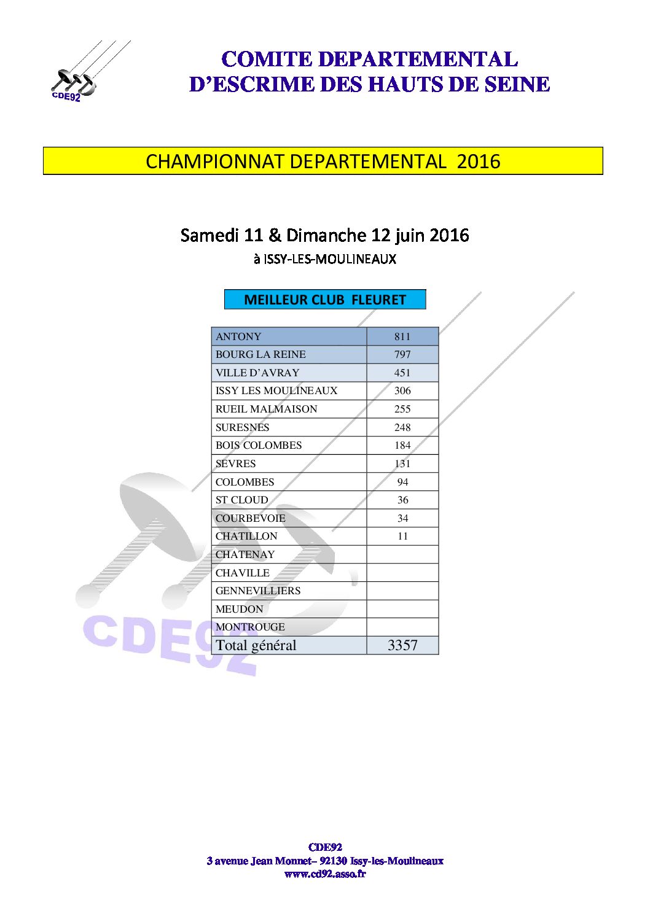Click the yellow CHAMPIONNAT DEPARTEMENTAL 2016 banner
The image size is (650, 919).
323,161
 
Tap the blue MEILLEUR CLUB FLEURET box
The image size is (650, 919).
324,300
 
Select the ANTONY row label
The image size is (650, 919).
238,336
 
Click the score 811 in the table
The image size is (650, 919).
402,336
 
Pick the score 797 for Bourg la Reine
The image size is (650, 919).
402,354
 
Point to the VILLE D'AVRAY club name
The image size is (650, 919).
257,373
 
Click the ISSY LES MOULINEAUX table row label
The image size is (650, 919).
276,390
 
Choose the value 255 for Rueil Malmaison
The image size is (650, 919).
402,409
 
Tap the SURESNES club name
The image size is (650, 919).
242,427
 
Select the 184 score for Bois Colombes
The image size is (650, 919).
402,445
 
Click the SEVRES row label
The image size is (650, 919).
235,463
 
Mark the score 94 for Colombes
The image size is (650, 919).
402,482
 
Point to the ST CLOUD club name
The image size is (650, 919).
241,500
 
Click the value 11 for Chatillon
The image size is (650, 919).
402,536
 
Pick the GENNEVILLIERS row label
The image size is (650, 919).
258,591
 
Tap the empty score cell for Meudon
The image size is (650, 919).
402,609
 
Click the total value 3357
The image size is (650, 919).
402,645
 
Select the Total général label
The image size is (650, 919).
256,645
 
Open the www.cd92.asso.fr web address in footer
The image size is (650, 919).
325,874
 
